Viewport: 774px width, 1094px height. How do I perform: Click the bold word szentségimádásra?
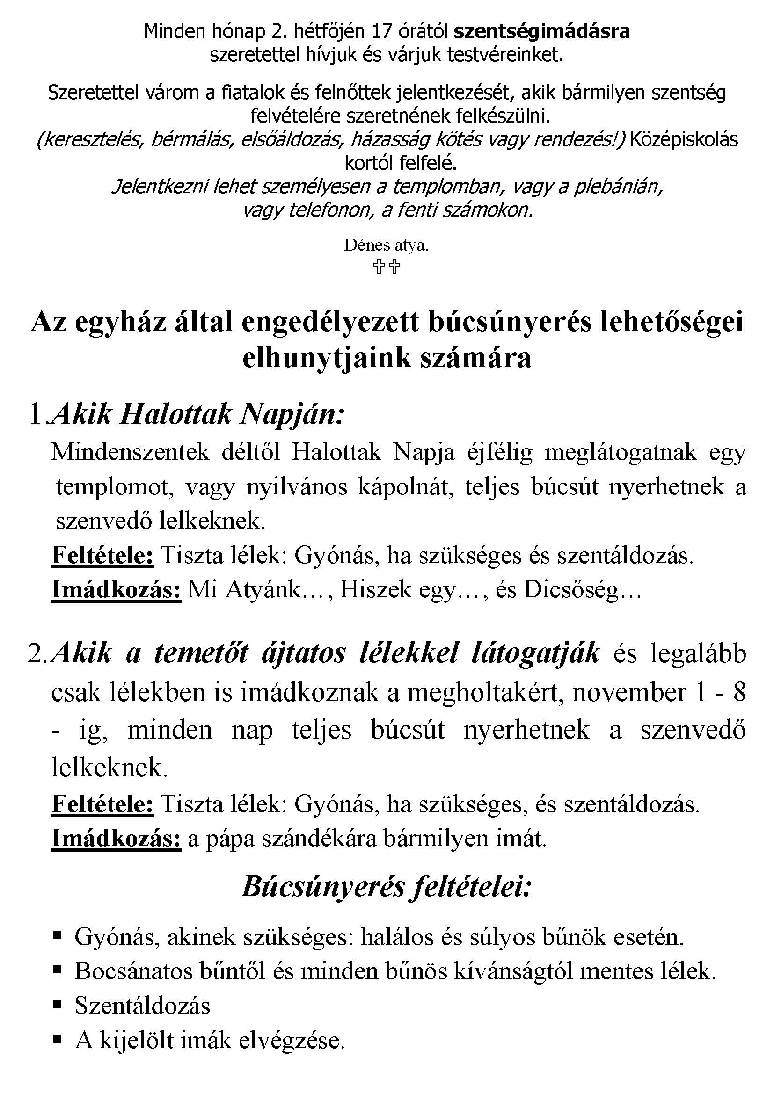pos(541,32)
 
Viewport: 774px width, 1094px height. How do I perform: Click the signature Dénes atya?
pos(386,246)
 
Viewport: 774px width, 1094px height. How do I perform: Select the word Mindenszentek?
pos(130,452)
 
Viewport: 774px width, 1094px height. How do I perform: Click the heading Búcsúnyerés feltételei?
pos(386,887)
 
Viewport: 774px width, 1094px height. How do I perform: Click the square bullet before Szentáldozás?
pos(57,1005)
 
